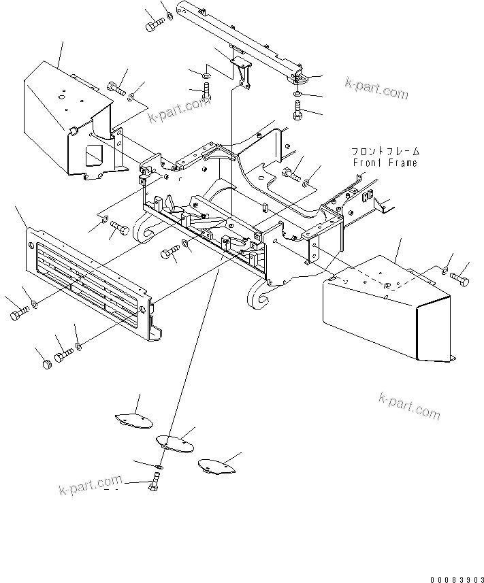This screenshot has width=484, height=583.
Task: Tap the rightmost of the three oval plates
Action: pyautogui.click(x=216, y=466)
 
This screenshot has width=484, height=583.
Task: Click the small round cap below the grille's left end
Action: pyautogui.click(x=47, y=365)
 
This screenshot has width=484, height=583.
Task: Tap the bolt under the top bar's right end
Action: pyautogui.click(x=297, y=109)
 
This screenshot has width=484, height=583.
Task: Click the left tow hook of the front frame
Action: pyautogui.click(x=144, y=229)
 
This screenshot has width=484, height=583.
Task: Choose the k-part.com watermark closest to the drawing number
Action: pyautogui.click(x=410, y=406)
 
